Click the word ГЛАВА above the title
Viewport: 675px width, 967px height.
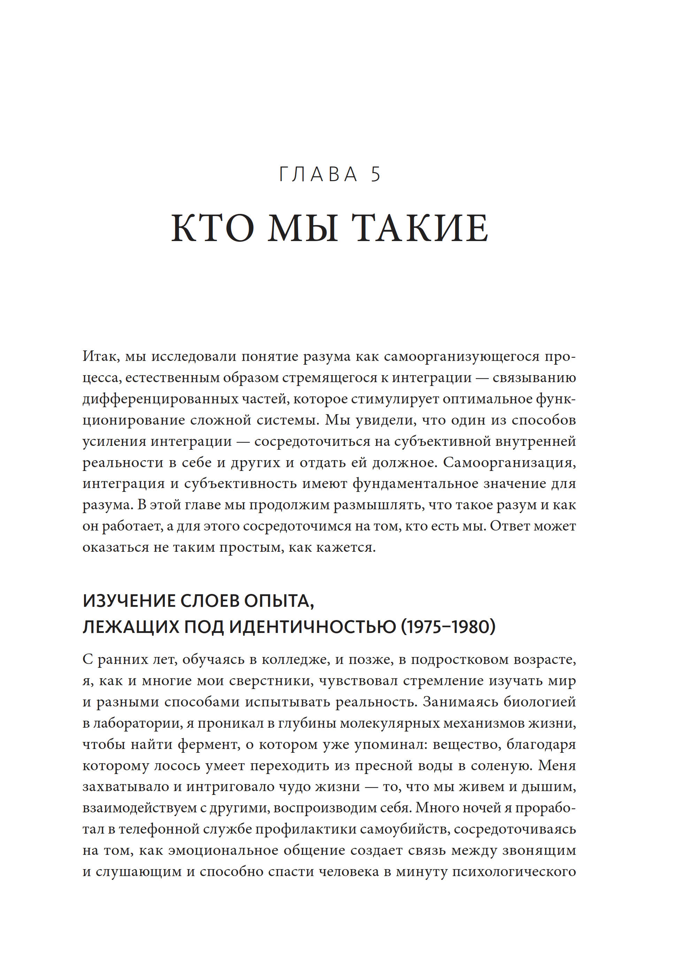pos(318,175)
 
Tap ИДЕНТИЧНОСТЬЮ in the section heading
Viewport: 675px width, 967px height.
pos(312,627)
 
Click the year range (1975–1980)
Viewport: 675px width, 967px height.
pos(448,627)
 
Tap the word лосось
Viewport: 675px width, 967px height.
pos(177,765)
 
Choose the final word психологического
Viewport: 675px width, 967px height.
pos(514,872)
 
